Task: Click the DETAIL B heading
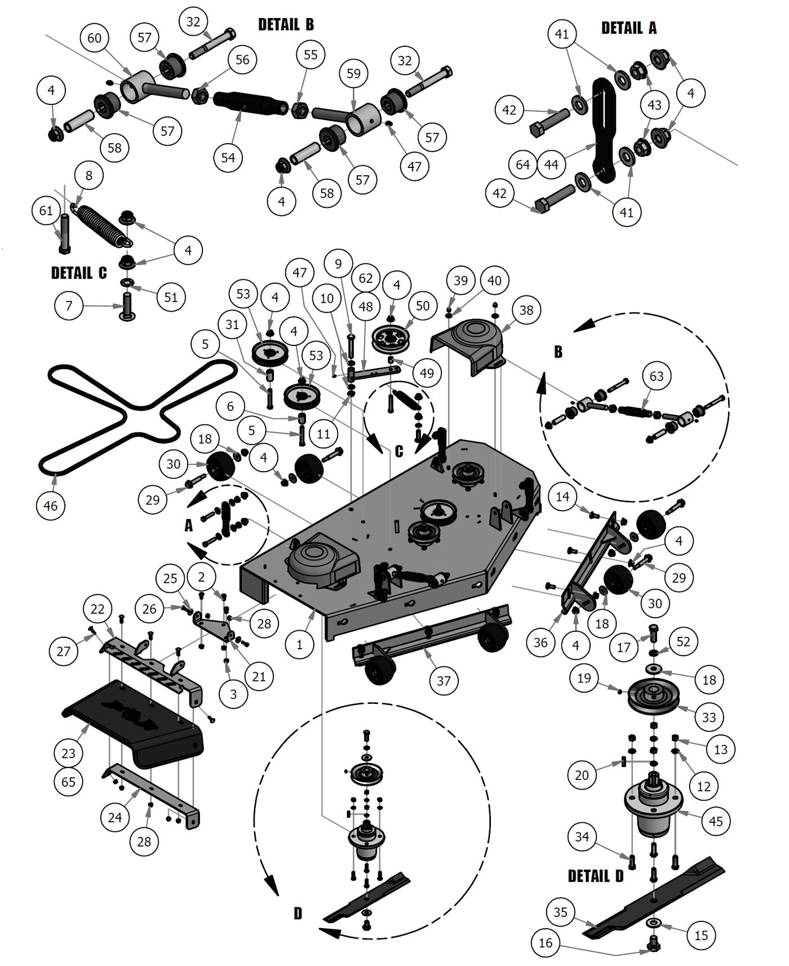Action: (x=286, y=24)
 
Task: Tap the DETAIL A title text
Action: (x=628, y=28)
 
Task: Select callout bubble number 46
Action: (x=50, y=506)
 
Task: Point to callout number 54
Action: (x=228, y=157)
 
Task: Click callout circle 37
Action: (x=444, y=680)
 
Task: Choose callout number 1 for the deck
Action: (x=299, y=644)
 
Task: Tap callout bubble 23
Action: (x=69, y=753)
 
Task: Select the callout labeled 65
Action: (x=69, y=782)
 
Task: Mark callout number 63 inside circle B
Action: (x=657, y=376)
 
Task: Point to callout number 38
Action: (x=526, y=310)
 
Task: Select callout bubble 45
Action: (x=716, y=821)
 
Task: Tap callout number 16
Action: (x=546, y=942)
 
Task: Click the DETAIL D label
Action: (x=595, y=876)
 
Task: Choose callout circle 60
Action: (x=94, y=38)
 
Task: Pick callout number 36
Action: (x=540, y=642)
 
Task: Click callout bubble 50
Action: (x=422, y=305)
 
